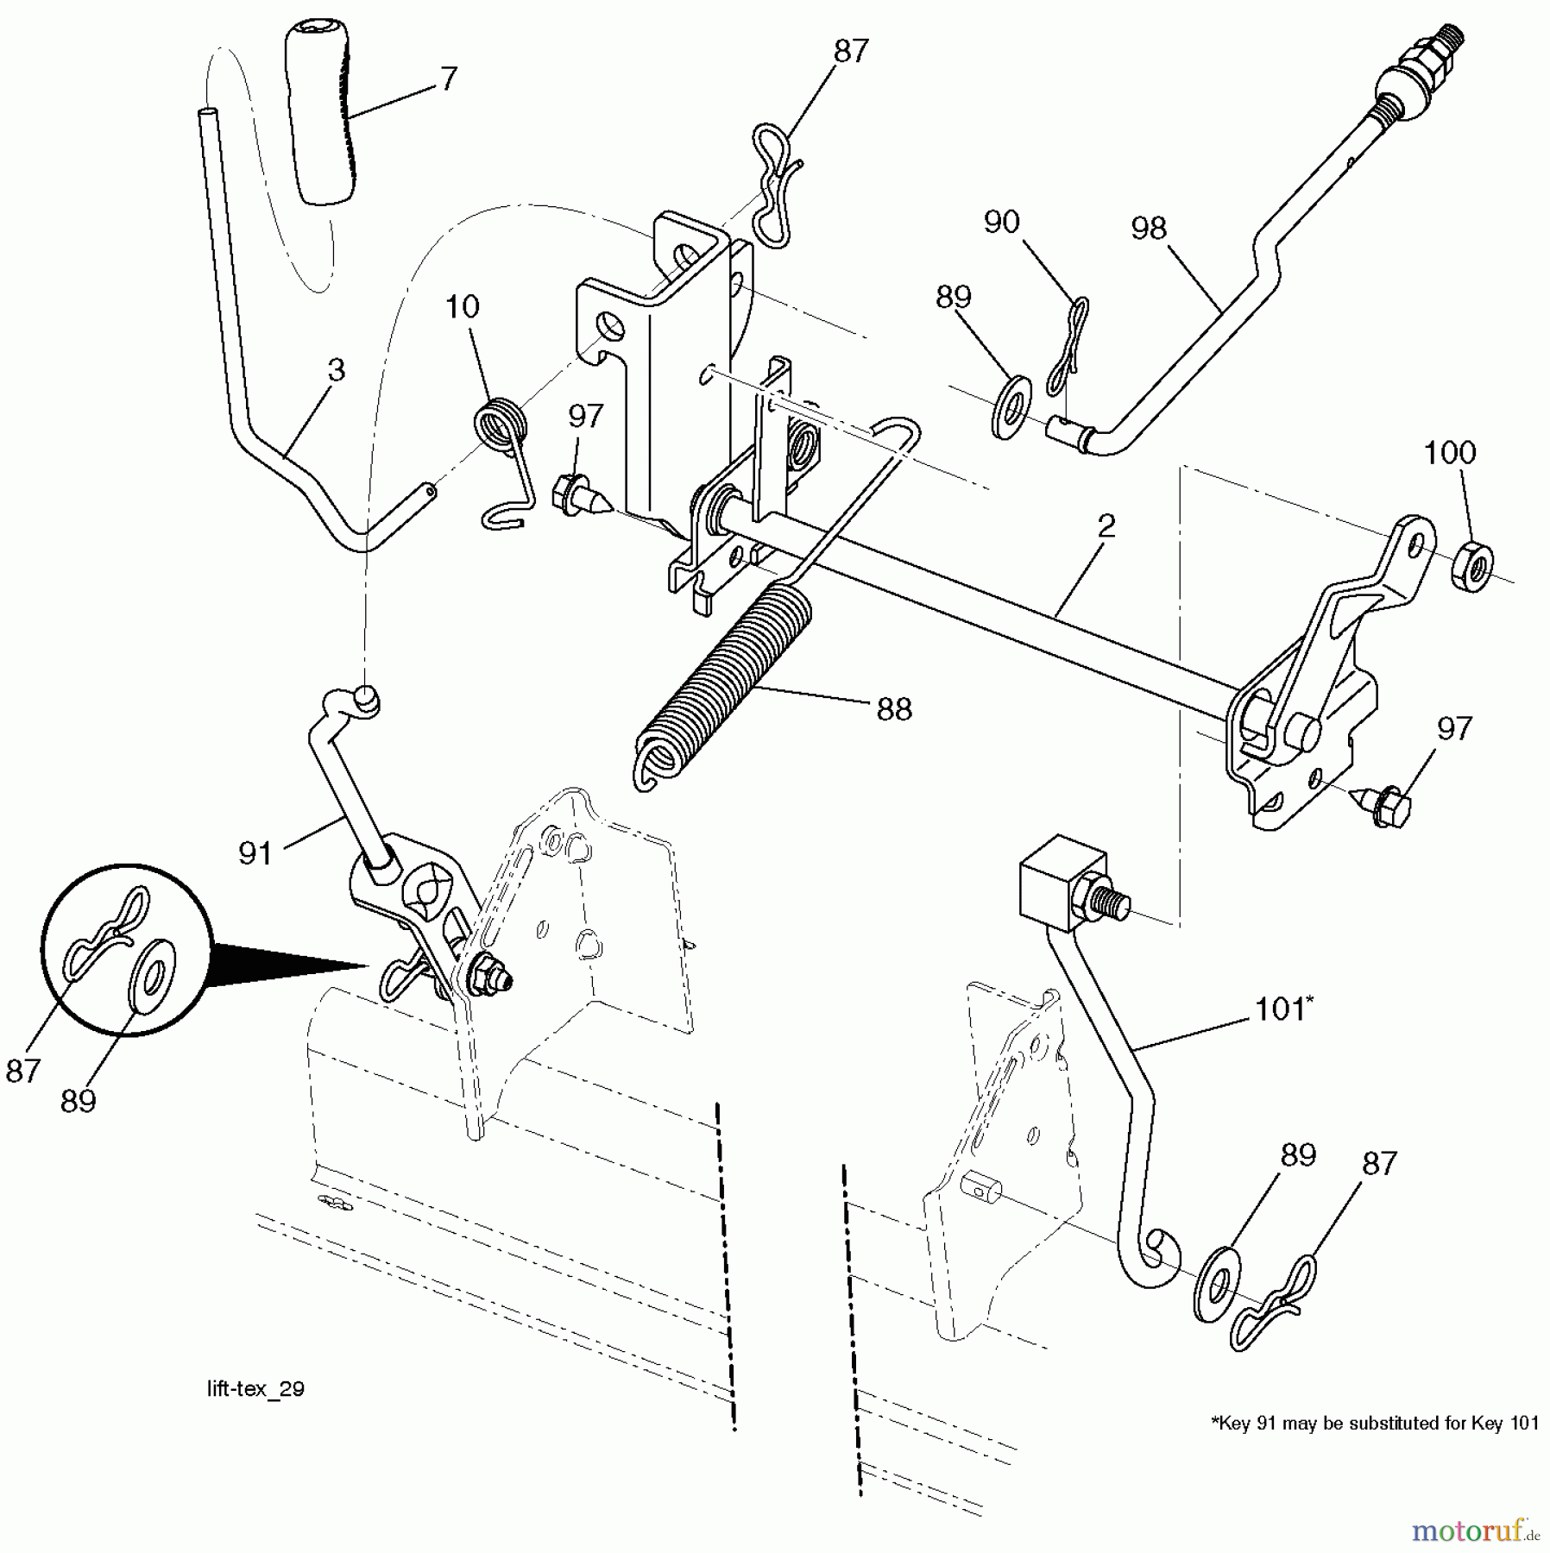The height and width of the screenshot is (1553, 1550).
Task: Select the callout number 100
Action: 1449,453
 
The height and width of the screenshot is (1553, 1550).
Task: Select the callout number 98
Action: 1149,229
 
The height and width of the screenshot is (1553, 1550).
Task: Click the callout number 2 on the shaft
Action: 1106,526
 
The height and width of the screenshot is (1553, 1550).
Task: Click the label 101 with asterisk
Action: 1282,1009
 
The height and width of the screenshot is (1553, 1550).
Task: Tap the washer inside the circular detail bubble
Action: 152,976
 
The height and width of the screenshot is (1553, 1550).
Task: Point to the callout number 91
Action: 255,853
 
